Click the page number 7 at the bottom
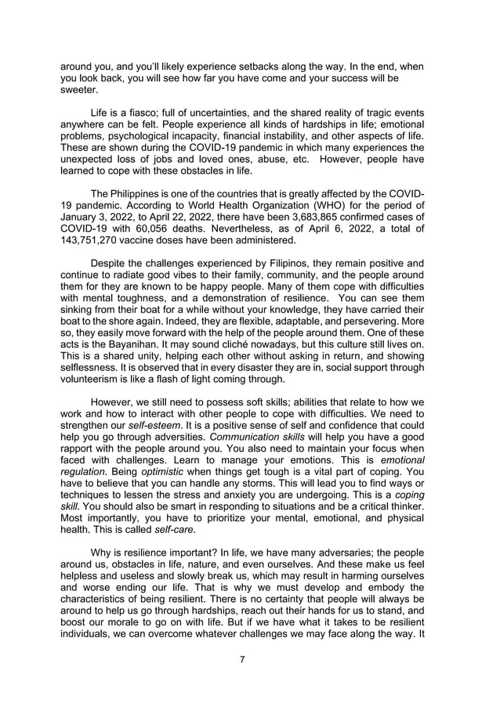(243, 659)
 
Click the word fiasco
(140, 115)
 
